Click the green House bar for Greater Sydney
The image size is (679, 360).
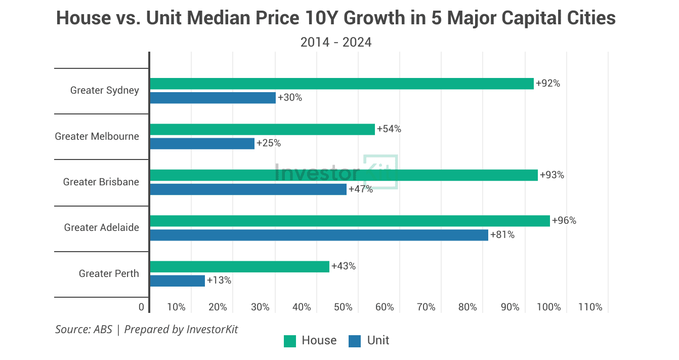tap(342, 84)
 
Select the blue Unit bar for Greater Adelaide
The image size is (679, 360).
tap(319, 235)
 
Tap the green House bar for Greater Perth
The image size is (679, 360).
tap(239, 266)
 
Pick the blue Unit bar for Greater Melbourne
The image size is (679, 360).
tap(202, 143)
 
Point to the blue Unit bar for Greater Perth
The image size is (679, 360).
tap(177, 281)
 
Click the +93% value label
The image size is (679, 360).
tap(551, 175)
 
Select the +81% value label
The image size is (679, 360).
tap(502, 235)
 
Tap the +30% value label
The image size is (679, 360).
tap(289, 98)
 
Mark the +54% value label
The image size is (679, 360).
tap(389, 129)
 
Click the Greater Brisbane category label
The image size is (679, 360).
tap(101, 182)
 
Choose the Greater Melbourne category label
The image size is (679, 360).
tap(97, 136)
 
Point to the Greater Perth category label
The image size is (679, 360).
tap(109, 273)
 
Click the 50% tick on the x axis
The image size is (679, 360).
tap(343, 307)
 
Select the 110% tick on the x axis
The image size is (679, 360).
tap(590, 307)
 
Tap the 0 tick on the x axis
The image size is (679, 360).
tap(141, 307)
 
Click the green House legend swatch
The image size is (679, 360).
tap(290, 341)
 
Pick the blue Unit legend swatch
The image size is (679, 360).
tap(355, 341)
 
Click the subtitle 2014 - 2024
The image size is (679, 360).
tap(336, 42)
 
